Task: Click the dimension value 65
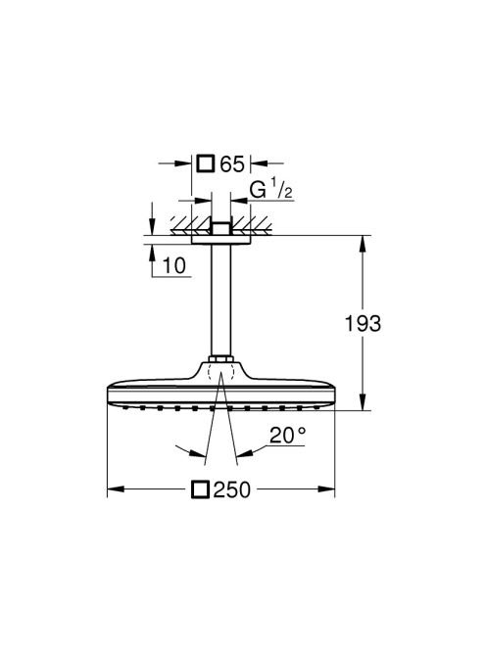232,164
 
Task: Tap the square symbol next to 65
205,163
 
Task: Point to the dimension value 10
174,265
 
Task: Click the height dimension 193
363,323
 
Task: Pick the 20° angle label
288,435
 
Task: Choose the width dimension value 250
232,489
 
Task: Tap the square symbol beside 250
200,489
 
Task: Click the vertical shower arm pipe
220,301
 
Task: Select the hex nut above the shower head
220,359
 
